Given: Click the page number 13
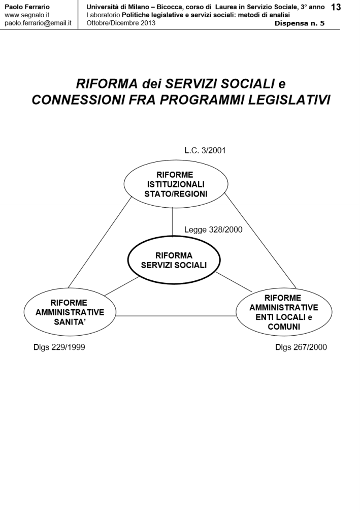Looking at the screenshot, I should (336, 8).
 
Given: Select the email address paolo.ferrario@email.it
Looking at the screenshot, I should (37, 23).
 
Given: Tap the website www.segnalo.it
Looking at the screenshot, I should (26, 15).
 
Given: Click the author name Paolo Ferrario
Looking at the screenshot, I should (27, 7).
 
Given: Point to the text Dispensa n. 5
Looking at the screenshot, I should (300, 23).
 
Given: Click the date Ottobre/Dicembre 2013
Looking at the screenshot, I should (114, 23).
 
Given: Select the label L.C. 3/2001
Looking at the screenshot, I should (205, 150).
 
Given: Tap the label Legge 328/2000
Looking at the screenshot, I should (213, 230).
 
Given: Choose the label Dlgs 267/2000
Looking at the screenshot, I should (301, 347).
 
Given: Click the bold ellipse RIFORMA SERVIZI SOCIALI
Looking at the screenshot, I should (174, 260).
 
